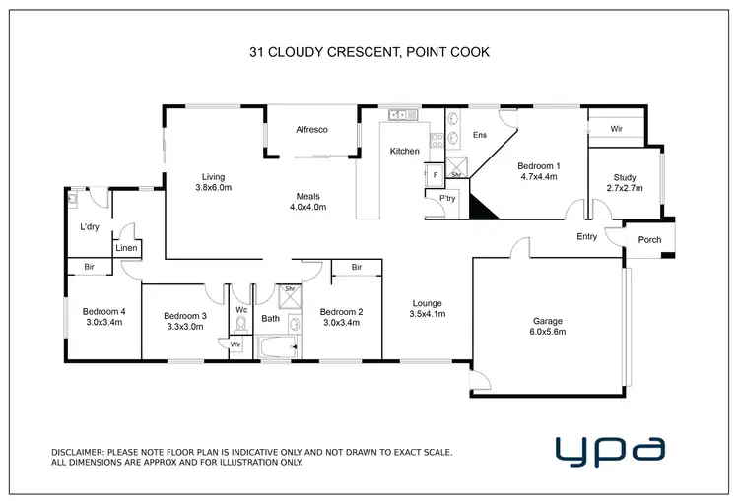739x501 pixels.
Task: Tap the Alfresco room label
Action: click(311, 130)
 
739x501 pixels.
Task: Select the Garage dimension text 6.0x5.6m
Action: click(549, 333)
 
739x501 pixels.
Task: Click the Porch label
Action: click(650, 239)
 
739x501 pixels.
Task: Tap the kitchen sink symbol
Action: click(400, 115)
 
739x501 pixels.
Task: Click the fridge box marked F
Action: click(435, 174)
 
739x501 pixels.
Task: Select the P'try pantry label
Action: click(446, 198)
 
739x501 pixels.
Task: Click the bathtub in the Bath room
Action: click(277, 346)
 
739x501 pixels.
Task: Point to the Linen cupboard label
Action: click(125, 248)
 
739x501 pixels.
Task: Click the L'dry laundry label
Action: click(90, 227)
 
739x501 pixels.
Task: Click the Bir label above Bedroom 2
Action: click(356, 267)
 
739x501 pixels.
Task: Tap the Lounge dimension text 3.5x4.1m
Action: click(427, 314)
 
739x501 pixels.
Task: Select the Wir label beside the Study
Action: click(616, 129)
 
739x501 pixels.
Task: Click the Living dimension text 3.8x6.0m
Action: click(212, 187)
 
